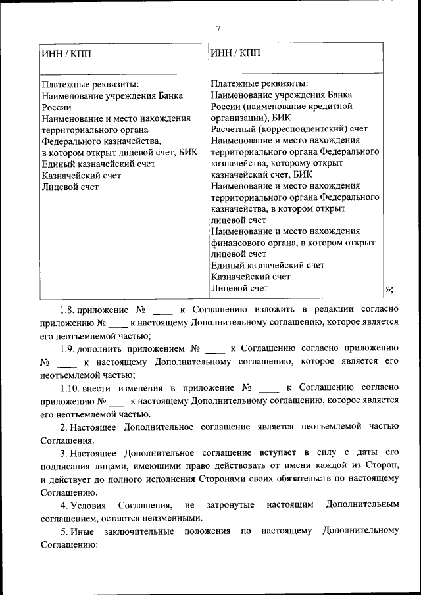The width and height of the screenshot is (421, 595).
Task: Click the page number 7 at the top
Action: (x=218, y=28)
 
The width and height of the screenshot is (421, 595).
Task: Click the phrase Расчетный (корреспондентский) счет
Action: (x=289, y=128)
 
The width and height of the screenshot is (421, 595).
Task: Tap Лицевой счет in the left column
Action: (x=70, y=187)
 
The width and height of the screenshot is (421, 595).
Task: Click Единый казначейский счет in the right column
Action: (x=268, y=265)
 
